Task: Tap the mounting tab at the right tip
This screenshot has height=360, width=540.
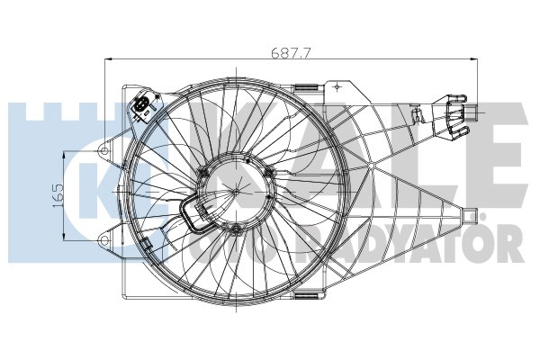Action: click(469, 215)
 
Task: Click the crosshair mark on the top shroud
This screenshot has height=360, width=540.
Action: click(337, 87)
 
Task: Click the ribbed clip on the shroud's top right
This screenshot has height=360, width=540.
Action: click(309, 89)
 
